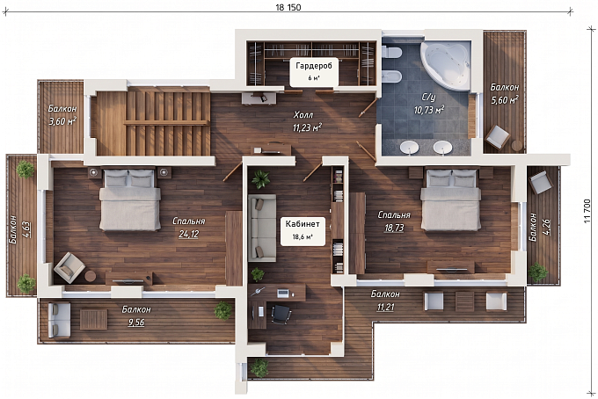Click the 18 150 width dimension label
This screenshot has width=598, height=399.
[x=288, y=7]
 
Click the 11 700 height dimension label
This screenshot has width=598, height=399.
[x=587, y=210]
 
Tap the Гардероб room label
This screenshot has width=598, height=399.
[x=314, y=66]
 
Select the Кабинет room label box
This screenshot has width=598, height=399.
[x=303, y=230]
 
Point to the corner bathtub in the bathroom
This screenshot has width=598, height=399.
[x=445, y=65]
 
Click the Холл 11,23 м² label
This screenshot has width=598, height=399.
[x=307, y=121]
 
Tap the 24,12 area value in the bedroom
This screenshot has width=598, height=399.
[x=189, y=234]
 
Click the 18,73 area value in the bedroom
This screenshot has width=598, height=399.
[x=394, y=228]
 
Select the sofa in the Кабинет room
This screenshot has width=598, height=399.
[x=262, y=228]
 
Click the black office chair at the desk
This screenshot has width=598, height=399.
[x=281, y=315]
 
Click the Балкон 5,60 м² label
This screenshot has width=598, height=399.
[x=504, y=94]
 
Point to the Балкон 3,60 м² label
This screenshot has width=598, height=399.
[x=62, y=115]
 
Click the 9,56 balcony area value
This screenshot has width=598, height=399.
[x=136, y=323]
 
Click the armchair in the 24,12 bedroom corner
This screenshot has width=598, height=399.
[x=69, y=267]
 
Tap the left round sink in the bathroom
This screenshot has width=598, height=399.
[x=410, y=147]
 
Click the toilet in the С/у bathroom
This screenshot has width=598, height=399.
[x=391, y=52]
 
